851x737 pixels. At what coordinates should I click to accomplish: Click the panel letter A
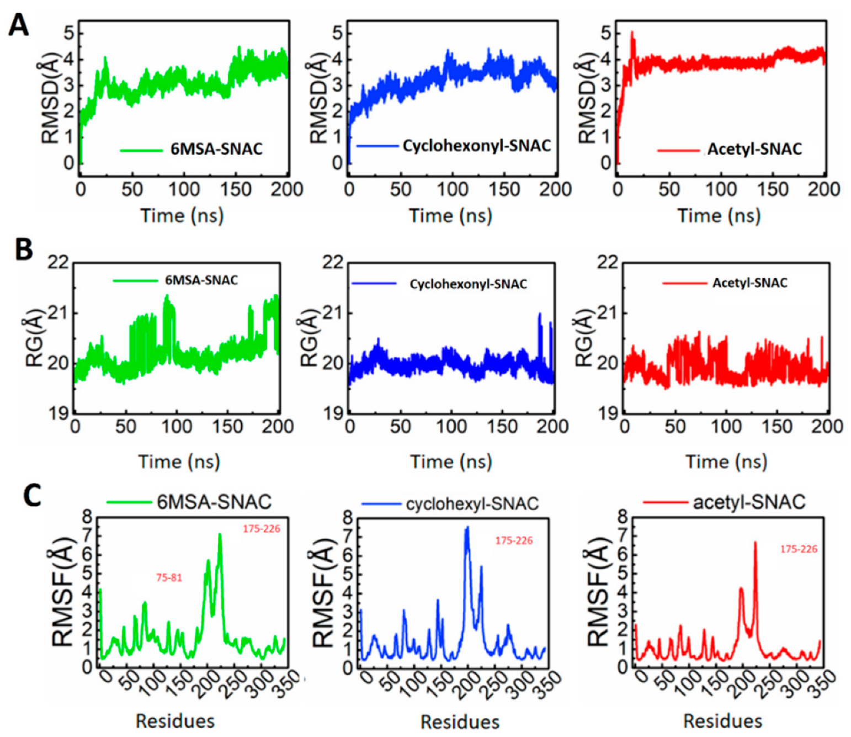[18, 25]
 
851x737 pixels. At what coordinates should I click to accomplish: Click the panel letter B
[24, 249]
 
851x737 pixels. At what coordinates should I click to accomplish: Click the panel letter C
[32, 495]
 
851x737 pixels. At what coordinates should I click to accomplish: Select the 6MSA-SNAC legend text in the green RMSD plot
[216, 149]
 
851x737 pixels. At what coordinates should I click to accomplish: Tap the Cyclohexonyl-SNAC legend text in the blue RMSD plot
[476, 146]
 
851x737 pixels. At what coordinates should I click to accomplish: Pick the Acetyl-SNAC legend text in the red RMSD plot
[754, 149]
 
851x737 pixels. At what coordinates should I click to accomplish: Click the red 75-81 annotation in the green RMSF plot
[169, 577]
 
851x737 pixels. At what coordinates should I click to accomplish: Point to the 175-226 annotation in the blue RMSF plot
[514, 540]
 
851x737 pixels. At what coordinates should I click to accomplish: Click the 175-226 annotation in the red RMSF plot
[799, 549]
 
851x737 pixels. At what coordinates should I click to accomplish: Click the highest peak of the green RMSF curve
[220, 535]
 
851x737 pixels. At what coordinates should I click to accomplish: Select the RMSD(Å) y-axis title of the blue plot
[319, 98]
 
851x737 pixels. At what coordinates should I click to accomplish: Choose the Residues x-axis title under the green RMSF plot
[175, 721]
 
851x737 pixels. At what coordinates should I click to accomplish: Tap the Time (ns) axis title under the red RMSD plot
[719, 215]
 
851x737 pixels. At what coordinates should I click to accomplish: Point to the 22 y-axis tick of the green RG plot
[58, 262]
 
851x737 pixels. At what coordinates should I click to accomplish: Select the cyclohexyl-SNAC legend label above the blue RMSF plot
[472, 504]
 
